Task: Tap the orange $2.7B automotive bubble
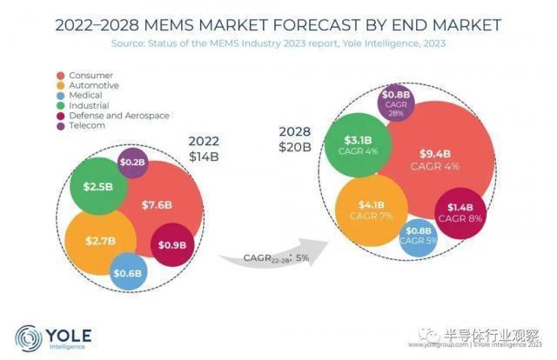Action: [x=99, y=241]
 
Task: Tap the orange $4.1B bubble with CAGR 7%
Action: [x=366, y=210]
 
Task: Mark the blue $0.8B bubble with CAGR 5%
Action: [x=419, y=237]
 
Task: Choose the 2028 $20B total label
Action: [x=294, y=138]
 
